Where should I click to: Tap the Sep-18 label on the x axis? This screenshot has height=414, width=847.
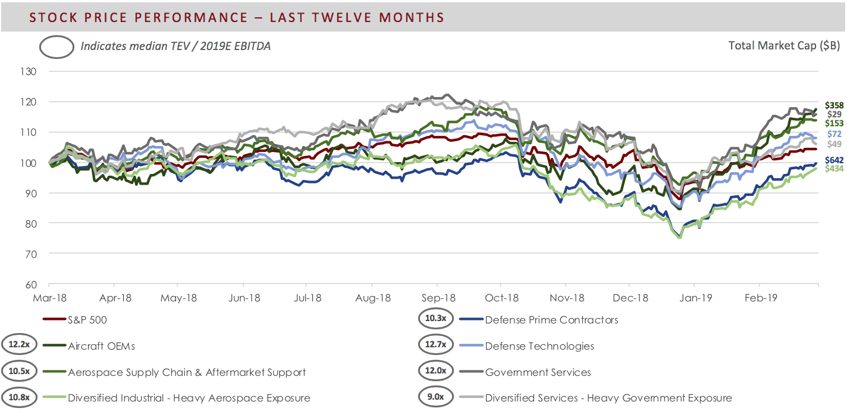click(x=438, y=297)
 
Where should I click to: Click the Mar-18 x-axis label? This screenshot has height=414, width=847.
click(x=50, y=297)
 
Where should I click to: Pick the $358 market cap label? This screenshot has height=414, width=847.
click(x=835, y=105)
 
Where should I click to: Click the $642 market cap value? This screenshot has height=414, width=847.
click(x=835, y=160)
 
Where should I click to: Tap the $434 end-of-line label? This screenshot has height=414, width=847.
click(x=835, y=169)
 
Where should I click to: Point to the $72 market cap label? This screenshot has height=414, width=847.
click(x=836, y=134)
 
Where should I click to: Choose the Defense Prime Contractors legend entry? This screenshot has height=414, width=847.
click(x=551, y=320)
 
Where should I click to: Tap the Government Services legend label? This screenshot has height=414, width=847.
click(x=538, y=372)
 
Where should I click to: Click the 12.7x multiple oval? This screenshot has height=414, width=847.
click(x=435, y=346)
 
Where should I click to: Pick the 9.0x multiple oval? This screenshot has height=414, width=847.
click(x=435, y=398)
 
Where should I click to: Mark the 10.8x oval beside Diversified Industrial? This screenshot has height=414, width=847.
click(x=19, y=398)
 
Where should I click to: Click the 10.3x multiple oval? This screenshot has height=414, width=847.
click(x=435, y=320)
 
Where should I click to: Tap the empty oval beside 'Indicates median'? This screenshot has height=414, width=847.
click(x=57, y=46)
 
